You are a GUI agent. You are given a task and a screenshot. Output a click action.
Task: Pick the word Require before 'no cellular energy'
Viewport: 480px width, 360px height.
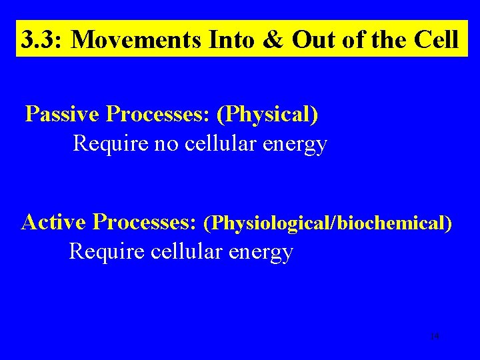111,143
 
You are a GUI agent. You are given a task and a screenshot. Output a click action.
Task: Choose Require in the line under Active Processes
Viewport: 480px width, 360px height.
107,251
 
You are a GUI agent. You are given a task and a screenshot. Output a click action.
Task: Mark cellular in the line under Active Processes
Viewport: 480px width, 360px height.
186,251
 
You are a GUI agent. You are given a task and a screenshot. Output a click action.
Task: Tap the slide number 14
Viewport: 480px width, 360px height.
435,337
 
